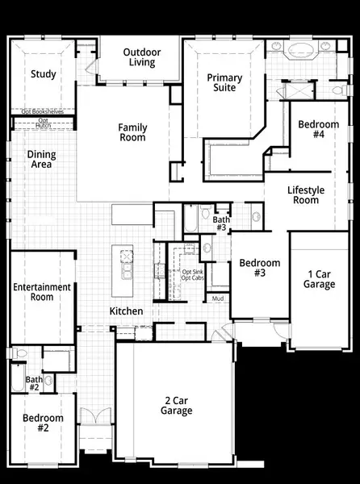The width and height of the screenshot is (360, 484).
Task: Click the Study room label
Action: pos(44,74)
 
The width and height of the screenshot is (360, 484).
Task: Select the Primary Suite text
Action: pos(224,83)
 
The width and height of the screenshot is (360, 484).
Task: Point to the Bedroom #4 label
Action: pos(312,129)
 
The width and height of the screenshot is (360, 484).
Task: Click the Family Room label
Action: pos(132,133)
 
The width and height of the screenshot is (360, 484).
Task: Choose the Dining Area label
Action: pos(41,160)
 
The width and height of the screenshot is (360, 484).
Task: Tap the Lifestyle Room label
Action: pos(307,195)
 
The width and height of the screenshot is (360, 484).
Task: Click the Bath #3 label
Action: pos(220,223)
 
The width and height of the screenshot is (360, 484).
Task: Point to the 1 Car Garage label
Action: pos(320,279)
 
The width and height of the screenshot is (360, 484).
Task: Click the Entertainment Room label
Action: pos(42,292)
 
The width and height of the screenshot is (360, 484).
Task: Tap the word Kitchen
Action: pos(127,311)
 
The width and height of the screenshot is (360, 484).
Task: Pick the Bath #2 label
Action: pos(33,383)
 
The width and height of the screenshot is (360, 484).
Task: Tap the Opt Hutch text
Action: pos(44,123)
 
